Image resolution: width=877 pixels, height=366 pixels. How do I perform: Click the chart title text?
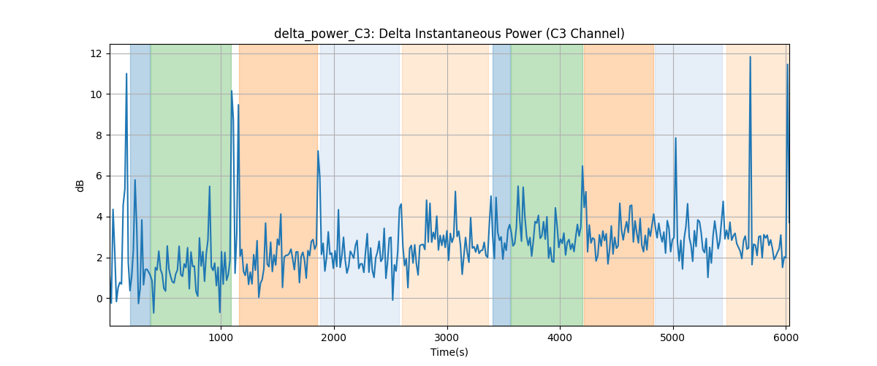[449, 34]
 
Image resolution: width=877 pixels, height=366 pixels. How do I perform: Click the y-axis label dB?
[80, 186]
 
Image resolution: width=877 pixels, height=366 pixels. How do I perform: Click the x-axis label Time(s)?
[449, 352]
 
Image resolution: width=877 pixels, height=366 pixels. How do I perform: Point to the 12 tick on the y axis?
[96, 53]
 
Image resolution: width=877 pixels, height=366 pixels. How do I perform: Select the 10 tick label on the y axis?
[96, 94]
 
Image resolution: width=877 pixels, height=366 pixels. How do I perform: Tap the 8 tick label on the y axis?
[99, 135]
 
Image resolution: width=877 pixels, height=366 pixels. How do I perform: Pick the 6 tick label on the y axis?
[99, 176]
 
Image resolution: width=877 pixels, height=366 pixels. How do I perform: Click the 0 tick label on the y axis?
[99, 299]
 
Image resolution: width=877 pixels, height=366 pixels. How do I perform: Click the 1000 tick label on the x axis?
[221, 337]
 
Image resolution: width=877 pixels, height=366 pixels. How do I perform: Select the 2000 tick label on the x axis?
[334, 337]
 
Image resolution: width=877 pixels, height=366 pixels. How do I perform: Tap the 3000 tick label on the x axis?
[447, 337]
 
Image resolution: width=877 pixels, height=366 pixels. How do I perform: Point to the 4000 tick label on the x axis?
[560, 337]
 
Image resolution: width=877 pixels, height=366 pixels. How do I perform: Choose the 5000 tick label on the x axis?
[673, 337]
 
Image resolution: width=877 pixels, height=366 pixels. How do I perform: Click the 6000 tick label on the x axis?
[786, 337]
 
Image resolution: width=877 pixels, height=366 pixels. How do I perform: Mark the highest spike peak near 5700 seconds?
[750, 57]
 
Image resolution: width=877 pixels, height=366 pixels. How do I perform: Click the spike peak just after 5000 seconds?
[676, 138]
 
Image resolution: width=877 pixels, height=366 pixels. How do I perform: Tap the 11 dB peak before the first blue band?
[126, 73]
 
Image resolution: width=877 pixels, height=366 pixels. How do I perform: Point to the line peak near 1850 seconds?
[318, 151]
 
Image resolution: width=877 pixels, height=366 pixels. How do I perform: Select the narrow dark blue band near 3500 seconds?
[501, 184]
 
